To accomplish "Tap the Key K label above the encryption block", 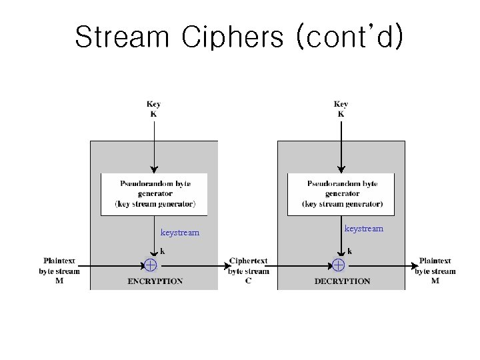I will [x=154, y=109].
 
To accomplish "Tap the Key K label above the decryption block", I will [x=341, y=109].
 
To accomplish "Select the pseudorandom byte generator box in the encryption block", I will [x=154, y=194].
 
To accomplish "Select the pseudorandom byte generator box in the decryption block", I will [x=341, y=194].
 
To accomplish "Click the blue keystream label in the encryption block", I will [x=180, y=233].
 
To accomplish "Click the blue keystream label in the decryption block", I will [x=363, y=229].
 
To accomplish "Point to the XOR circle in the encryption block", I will [x=151, y=265].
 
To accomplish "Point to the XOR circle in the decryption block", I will [x=338, y=265].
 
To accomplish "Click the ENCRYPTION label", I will [x=155, y=281].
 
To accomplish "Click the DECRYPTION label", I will [x=342, y=281].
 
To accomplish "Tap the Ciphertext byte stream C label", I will [x=249, y=271].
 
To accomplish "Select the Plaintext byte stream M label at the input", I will [x=59, y=271].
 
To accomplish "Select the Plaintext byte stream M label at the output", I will [x=435, y=271].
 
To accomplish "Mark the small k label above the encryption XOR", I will [x=162, y=251].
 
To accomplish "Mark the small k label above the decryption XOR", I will [x=349, y=251].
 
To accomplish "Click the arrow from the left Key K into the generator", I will [x=154, y=147].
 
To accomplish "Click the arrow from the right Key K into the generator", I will [x=341, y=147].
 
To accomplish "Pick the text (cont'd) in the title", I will [x=351, y=37].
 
